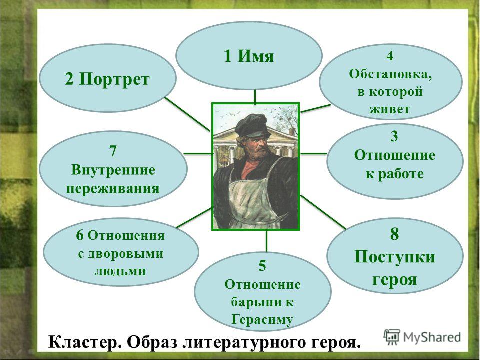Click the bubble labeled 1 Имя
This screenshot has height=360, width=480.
point(249,55)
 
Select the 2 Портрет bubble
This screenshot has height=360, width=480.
point(108,78)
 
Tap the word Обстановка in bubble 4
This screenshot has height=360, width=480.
point(390,74)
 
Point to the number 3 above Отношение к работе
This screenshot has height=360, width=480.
point(394,136)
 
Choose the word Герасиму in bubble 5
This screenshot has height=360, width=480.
point(262,320)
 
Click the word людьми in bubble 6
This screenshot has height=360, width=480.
point(120,271)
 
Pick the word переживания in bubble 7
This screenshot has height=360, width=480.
point(113,188)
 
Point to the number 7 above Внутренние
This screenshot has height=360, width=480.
point(113,151)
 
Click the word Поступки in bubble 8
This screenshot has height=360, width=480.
point(394,256)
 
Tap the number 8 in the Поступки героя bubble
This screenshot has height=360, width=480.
point(394,234)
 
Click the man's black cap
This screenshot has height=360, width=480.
point(252,125)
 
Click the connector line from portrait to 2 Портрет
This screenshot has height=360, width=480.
point(187,114)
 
